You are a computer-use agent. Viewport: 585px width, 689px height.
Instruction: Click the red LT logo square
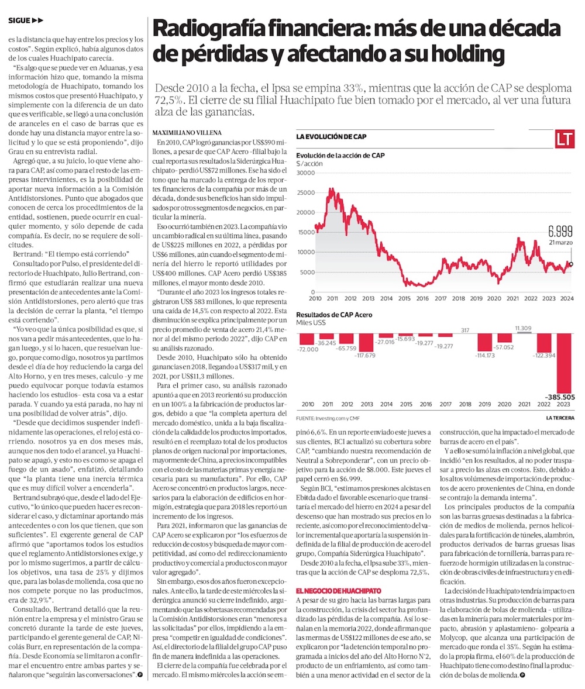click(565, 139)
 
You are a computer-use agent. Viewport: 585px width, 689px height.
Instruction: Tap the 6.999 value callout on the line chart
click(560, 230)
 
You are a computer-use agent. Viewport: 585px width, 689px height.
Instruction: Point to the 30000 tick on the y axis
click(305, 173)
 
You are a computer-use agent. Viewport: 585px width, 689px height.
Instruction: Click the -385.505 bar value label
click(559, 397)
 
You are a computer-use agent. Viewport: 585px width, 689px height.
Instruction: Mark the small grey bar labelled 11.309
click(524, 328)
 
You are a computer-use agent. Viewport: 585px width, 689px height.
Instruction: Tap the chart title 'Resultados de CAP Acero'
click(334, 315)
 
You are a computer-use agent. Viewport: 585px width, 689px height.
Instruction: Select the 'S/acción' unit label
click(309, 164)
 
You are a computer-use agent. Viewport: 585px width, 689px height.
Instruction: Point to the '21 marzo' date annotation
click(560, 242)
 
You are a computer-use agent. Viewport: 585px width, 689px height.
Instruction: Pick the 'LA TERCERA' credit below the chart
click(560, 418)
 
